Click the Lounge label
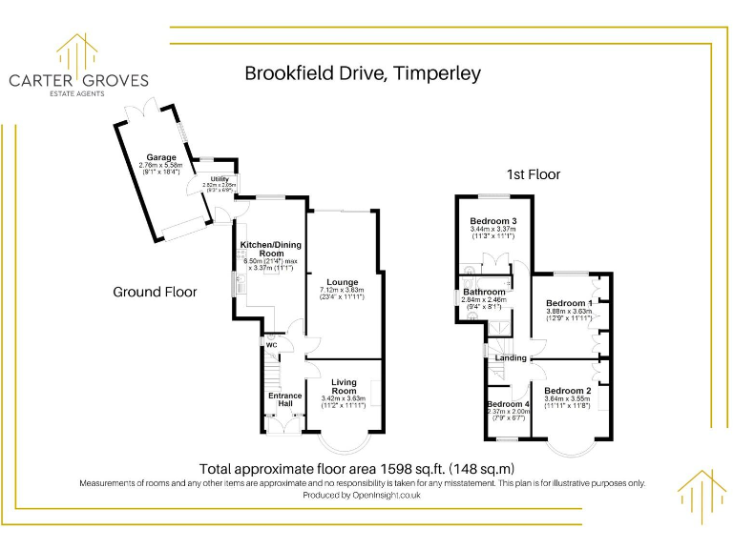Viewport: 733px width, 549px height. click(342, 282)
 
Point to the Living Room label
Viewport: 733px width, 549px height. click(344, 386)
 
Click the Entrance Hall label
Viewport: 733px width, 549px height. click(284, 399)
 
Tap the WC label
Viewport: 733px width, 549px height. click(271, 345)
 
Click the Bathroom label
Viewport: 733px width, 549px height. click(484, 292)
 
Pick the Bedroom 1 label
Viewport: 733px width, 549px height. click(569, 303)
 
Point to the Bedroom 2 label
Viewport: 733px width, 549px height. click(567, 391)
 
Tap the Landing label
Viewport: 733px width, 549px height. click(511, 357)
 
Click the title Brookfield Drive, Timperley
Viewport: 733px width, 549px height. click(363, 73)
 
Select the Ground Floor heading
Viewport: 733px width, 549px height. click(155, 292)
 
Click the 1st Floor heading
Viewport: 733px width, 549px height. click(533, 174)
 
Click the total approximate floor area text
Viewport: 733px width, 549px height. click(356, 468)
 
